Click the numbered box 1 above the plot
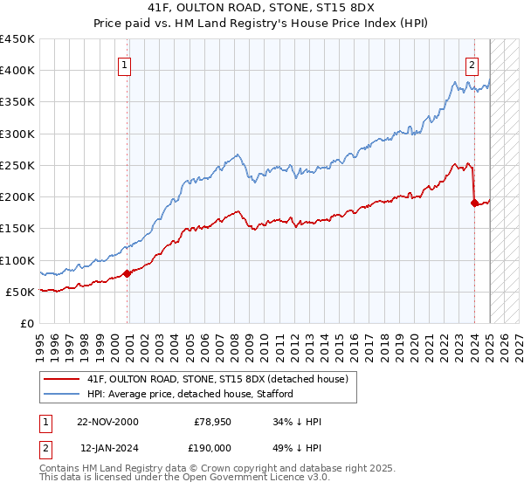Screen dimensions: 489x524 click(125, 64)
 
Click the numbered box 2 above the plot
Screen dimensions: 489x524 click(472, 64)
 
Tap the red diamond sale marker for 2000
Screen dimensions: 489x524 click(128, 273)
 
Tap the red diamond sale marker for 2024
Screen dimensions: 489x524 click(474, 203)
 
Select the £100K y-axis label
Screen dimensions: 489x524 click(17, 260)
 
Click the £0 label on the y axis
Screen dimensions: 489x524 click(26, 323)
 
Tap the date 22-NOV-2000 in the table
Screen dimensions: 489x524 click(107, 422)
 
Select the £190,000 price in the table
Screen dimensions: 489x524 click(212, 447)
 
